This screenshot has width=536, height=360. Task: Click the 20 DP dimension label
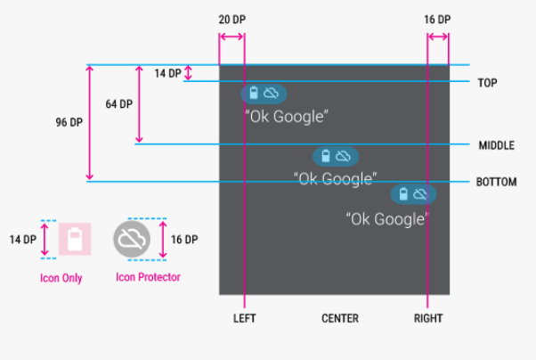232,20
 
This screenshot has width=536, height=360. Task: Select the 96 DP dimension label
69,122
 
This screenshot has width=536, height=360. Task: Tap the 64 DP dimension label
119,104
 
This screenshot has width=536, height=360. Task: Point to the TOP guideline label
487,83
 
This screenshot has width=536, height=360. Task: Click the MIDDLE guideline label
497,145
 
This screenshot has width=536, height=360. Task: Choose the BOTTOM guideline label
496,182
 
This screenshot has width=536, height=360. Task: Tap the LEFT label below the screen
245,318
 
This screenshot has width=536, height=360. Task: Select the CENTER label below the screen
340,318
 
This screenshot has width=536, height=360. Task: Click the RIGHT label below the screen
428,318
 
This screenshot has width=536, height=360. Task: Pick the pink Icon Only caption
61,278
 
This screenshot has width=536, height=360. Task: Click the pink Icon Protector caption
148,277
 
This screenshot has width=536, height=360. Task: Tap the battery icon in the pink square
75,239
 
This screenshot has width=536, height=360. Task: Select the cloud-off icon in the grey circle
132,239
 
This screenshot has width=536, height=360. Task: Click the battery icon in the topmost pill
254,93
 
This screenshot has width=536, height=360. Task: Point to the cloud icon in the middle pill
343,157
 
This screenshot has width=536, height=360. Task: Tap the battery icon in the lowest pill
403,194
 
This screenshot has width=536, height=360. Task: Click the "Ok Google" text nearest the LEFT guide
287,117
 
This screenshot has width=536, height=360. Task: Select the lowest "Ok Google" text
387,219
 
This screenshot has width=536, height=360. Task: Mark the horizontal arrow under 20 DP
231,37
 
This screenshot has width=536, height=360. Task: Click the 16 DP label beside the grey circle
184,240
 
